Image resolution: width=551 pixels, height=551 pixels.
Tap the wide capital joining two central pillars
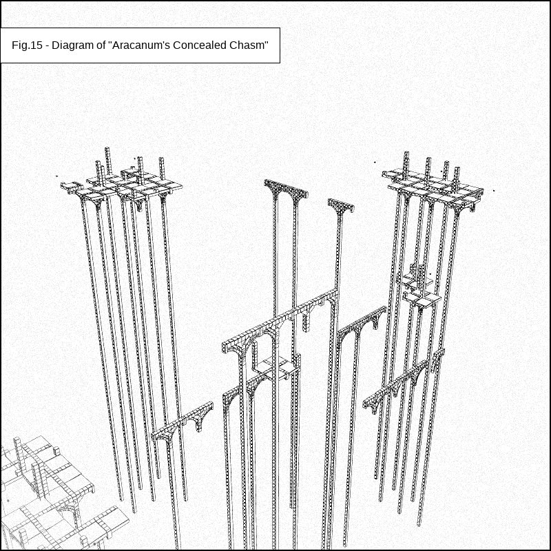pos(286,190)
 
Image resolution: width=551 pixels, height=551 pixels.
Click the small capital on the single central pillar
pos(340,205)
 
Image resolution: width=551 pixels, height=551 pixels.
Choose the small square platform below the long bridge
pos(278,366)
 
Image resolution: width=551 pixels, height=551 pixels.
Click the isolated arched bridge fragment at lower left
pos(182,420)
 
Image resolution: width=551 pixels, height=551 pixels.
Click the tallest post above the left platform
pos(108,161)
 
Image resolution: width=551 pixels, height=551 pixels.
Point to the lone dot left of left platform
pos(57,176)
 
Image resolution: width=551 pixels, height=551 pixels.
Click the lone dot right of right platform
pos(494,191)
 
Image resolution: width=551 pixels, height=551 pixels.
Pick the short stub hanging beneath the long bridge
pos(306,322)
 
